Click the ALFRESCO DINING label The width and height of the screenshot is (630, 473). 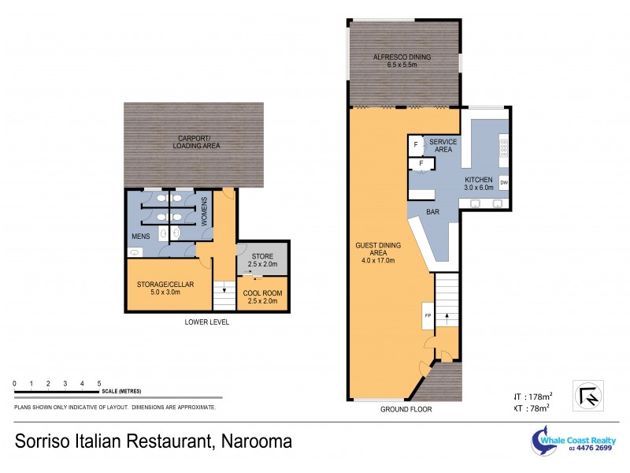405,61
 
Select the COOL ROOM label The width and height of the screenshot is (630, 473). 263,296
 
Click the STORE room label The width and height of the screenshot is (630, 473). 262,260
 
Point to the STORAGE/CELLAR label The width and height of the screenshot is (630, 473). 165,288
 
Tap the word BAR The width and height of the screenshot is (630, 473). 432,212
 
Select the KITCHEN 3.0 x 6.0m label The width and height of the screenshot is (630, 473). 478,184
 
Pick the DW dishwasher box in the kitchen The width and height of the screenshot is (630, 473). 503,183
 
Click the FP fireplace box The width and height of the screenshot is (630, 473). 428,315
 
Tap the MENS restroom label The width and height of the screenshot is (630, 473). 140,236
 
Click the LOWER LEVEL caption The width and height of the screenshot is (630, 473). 206,322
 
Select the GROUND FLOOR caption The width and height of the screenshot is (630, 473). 406,409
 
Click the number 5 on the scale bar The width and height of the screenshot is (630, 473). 98,383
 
